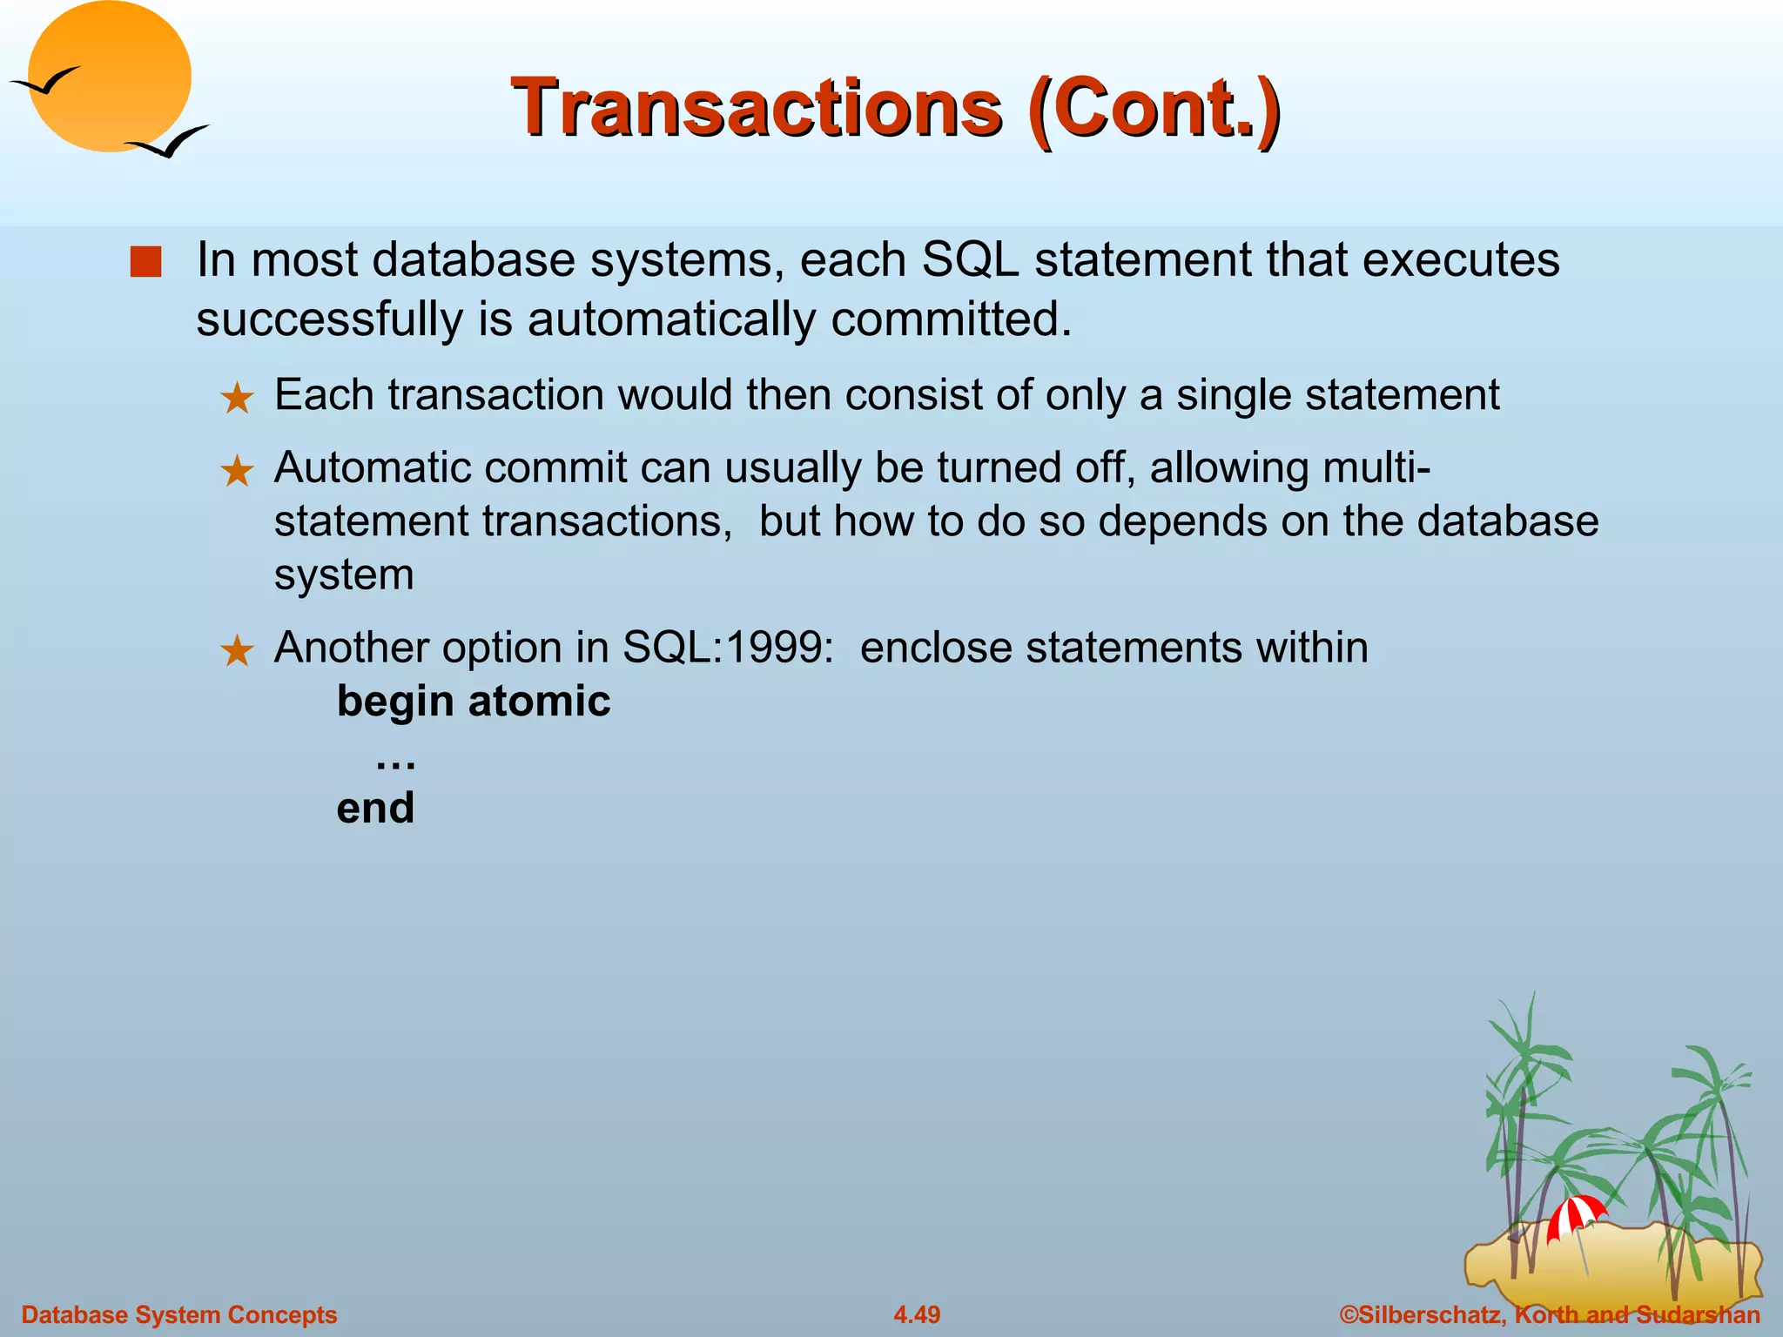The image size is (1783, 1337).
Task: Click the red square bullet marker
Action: (145, 262)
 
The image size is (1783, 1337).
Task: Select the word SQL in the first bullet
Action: (969, 259)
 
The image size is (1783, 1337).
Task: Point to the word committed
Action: (951, 319)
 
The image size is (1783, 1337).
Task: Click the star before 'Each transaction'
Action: (236, 400)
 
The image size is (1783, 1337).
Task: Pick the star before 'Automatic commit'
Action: (236, 472)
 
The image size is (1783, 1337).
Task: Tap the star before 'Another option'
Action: (236, 651)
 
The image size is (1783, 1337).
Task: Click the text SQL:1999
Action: (728, 648)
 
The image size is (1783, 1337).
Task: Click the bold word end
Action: (375, 808)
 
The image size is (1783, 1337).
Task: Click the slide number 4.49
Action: (917, 1314)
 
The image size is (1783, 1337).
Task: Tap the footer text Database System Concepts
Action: (178, 1314)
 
